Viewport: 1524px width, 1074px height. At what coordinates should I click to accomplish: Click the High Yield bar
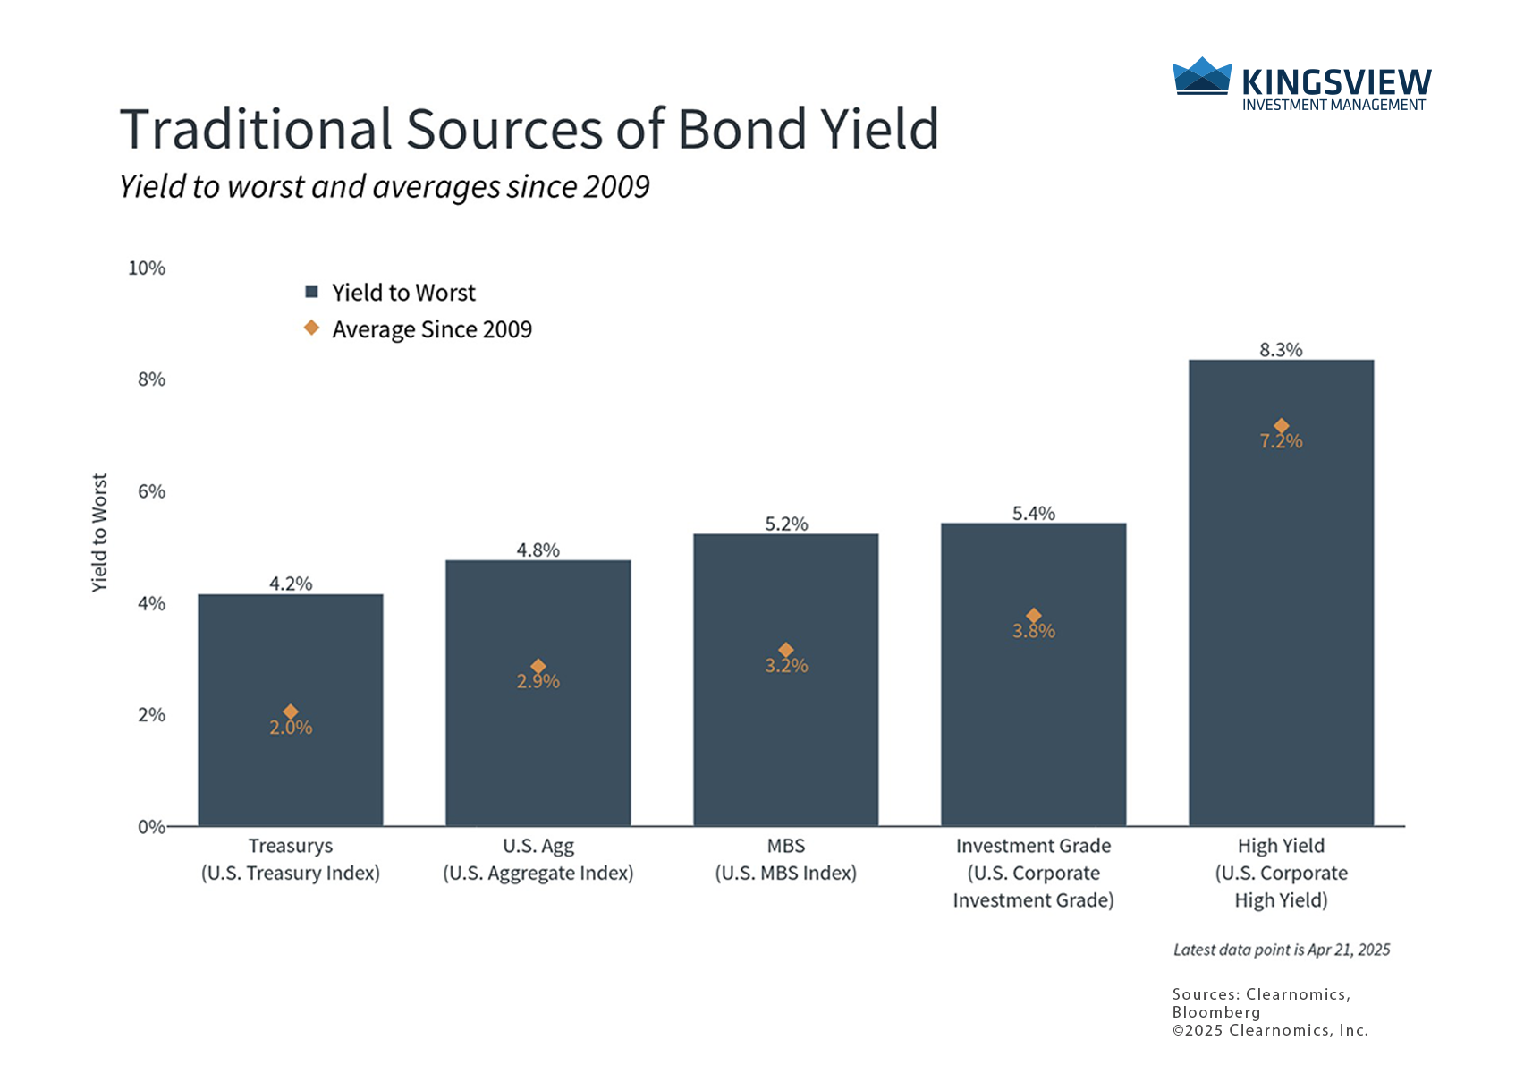(1281, 592)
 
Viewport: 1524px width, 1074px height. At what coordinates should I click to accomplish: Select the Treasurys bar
(291, 710)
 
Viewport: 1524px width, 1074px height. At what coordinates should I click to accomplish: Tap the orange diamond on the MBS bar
(786, 650)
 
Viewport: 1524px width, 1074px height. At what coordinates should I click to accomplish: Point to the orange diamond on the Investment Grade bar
(1034, 616)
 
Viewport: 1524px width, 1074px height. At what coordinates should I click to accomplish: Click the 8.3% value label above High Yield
(1281, 349)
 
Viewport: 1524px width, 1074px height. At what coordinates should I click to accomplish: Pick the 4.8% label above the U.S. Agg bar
(538, 550)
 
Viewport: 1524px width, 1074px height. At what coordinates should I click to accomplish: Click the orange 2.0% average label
(291, 728)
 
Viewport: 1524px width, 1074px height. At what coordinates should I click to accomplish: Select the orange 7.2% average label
(1281, 441)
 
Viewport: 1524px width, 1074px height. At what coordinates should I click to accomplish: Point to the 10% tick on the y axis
(147, 268)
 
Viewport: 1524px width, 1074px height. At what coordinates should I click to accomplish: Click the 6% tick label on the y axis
(152, 491)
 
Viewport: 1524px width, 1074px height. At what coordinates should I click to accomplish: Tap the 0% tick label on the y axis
(152, 827)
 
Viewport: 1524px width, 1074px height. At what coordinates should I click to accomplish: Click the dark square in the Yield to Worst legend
(311, 292)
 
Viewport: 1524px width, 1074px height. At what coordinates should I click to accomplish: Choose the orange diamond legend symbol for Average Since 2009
(311, 328)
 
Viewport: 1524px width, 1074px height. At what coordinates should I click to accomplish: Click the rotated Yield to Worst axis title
(99, 533)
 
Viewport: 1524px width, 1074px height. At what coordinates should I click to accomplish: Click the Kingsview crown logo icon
(1202, 75)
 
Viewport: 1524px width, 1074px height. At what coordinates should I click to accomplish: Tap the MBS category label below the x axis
(786, 845)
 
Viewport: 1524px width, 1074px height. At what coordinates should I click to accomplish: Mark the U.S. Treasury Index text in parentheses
(291, 874)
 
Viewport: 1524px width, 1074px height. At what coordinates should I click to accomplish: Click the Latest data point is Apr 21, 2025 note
(1281, 950)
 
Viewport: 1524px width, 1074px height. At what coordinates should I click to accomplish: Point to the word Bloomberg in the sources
(1216, 1012)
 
